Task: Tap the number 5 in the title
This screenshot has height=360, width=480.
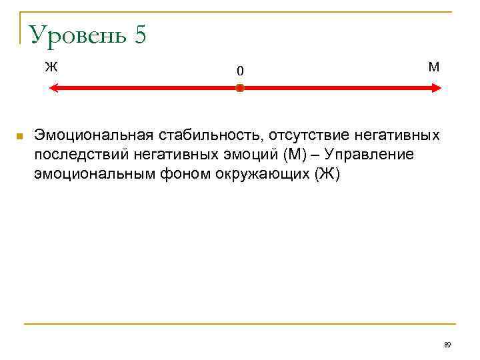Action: [139, 35]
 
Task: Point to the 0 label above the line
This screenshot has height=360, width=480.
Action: [240, 71]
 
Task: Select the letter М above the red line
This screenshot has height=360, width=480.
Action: [434, 67]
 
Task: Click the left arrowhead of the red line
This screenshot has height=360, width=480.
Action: [55, 88]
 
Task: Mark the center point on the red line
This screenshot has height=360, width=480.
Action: [240, 88]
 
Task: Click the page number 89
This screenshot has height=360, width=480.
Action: [447, 345]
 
